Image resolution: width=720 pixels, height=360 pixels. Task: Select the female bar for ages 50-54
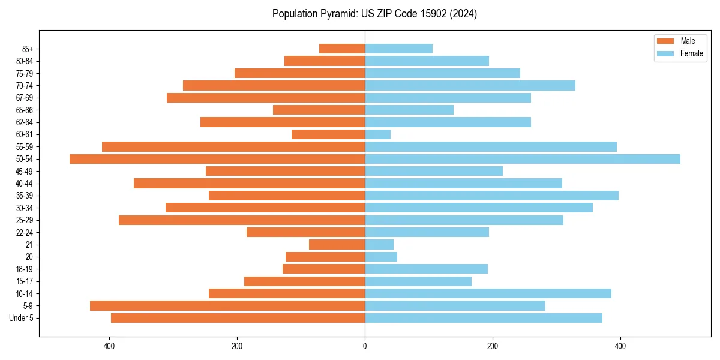[523, 159]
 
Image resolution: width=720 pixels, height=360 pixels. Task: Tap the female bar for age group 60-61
[377, 134]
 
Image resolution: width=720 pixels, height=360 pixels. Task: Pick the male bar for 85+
[342, 49]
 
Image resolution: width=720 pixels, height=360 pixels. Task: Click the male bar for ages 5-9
[227, 306]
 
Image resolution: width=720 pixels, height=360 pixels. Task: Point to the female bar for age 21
[379, 245]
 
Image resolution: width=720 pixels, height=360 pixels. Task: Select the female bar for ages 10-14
[488, 293]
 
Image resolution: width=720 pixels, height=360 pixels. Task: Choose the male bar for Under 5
[238, 318]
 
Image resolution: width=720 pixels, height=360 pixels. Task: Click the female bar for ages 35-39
[491, 196]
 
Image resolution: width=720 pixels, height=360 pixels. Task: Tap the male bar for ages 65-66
[319, 110]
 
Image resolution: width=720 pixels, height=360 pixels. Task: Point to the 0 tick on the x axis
[365, 346]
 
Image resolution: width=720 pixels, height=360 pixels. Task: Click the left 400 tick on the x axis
[109, 346]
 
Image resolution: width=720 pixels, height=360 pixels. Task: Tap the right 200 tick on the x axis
[493, 346]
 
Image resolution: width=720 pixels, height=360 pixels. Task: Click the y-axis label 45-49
[25, 171]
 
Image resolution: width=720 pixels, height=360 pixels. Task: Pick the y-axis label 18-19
[25, 269]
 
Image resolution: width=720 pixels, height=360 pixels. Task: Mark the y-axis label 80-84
[25, 61]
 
